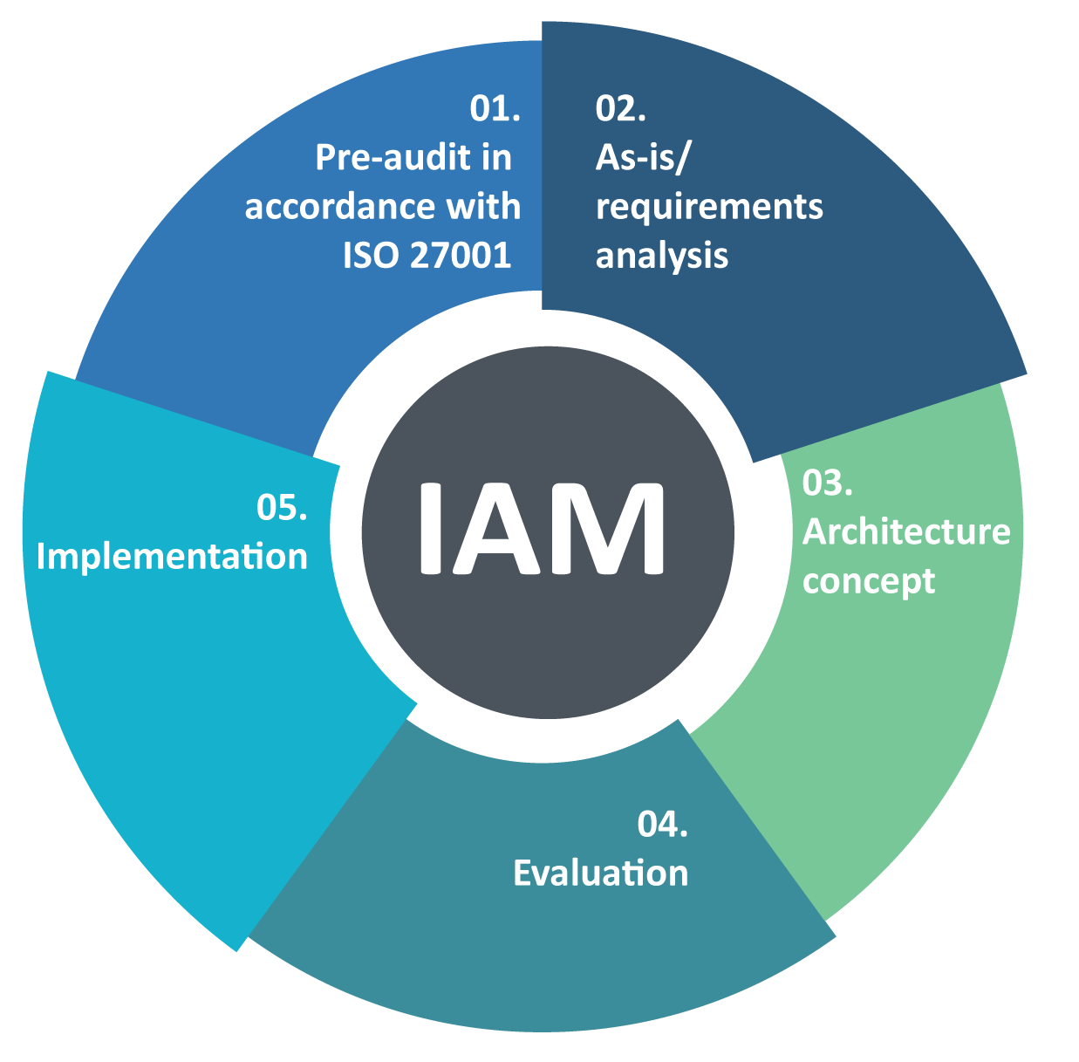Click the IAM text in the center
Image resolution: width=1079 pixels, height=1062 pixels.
click(542, 529)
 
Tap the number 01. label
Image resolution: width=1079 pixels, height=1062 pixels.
click(495, 108)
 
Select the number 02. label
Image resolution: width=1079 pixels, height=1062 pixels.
click(620, 108)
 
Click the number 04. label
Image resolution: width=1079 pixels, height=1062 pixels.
click(662, 824)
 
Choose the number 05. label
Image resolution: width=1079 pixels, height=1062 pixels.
click(282, 507)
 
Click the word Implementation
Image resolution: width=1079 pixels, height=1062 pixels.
click(172, 557)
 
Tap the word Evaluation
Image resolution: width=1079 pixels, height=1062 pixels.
click(601, 874)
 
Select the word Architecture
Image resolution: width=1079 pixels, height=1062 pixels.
click(906, 531)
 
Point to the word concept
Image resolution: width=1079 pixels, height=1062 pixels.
click(869, 582)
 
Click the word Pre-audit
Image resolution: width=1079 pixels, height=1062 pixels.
click(387, 157)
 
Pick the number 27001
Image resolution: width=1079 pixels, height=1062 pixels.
click(461, 256)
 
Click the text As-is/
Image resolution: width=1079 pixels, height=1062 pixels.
click(642, 158)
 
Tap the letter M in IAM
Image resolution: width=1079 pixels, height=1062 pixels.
click(606, 529)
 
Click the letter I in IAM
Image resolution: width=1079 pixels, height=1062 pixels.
click(431, 529)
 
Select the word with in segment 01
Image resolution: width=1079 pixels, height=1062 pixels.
click(483, 206)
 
